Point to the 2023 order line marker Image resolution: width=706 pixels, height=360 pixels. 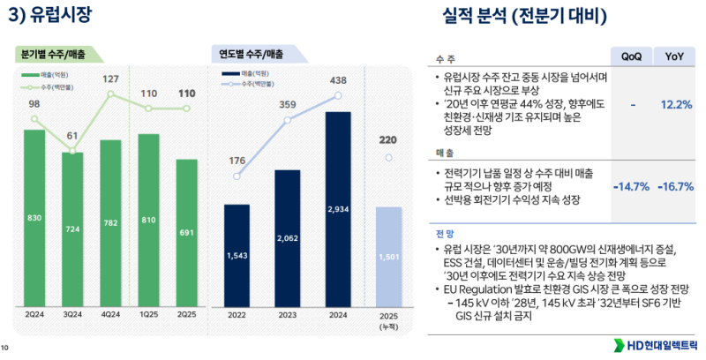pos(288,120)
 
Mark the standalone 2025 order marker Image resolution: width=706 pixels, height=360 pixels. pos(388,158)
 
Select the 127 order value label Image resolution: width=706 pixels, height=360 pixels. pos(110,79)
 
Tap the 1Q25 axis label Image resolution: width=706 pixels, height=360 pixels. pos(148,313)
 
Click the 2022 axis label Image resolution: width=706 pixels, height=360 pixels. pos(237,313)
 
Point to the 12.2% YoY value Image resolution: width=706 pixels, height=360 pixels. pos(676,104)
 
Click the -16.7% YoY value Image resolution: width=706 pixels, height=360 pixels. pos(675,186)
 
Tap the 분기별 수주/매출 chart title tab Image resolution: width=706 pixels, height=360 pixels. pos(54,55)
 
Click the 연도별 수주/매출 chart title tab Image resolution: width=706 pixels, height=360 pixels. pos(252,55)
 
